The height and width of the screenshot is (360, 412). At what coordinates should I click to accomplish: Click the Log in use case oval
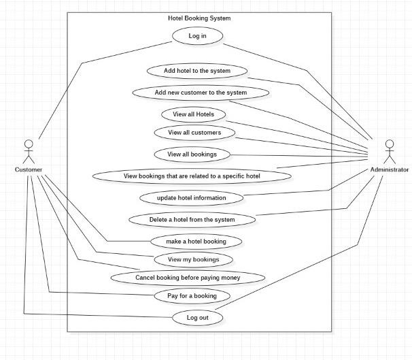[x=197, y=36]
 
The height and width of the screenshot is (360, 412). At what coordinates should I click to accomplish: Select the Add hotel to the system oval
[x=197, y=70]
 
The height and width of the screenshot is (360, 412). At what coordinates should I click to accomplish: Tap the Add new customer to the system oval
[x=201, y=92]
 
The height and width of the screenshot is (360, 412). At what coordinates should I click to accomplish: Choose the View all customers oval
[x=193, y=132]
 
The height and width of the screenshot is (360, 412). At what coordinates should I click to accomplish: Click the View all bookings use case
[x=192, y=154]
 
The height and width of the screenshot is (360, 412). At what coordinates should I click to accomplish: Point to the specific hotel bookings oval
[x=192, y=176]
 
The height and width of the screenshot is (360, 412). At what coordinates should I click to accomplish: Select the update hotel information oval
[x=192, y=197]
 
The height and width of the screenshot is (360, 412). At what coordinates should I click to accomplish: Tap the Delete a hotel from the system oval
[x=192, y=219]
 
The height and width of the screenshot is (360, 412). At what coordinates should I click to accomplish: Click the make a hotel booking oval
[x=196, y=241]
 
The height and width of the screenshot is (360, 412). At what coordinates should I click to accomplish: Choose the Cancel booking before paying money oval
[x=188, y=277]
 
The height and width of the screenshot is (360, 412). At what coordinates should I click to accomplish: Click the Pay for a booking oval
[x=192, y=296]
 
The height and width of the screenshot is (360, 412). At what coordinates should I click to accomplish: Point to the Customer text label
[x=29, y=169]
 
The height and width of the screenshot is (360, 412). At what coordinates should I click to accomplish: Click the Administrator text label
[x=390, y=169]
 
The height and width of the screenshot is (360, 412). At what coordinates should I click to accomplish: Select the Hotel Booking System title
[x=199, y=18]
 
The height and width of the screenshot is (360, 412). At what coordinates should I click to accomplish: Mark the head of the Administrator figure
[x=389, y=144]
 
